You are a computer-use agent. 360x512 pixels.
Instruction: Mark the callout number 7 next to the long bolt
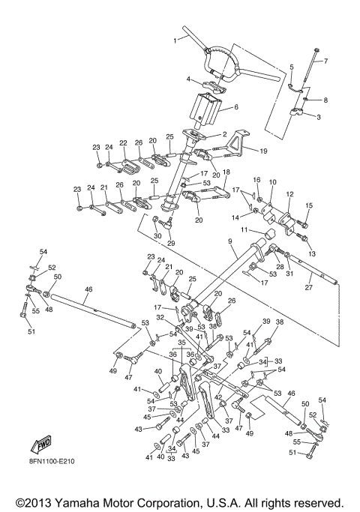pyautogui.click(x=325, y=61)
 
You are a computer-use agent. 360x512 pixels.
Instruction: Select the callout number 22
pyautogui.click(x=123, y=142)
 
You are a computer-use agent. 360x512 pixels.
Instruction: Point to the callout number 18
pyautogui.click(x=226, y=172)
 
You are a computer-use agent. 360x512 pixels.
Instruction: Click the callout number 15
pyautogui.click(x=308, y=205)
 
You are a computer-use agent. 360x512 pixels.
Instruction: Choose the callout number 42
pyautogui.click(x=218, y=398)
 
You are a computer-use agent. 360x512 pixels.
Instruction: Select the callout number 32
pyautogui.click(x=160, y=318)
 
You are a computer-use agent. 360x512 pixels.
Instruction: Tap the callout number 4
pyautogui.click(x=190, y=79)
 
